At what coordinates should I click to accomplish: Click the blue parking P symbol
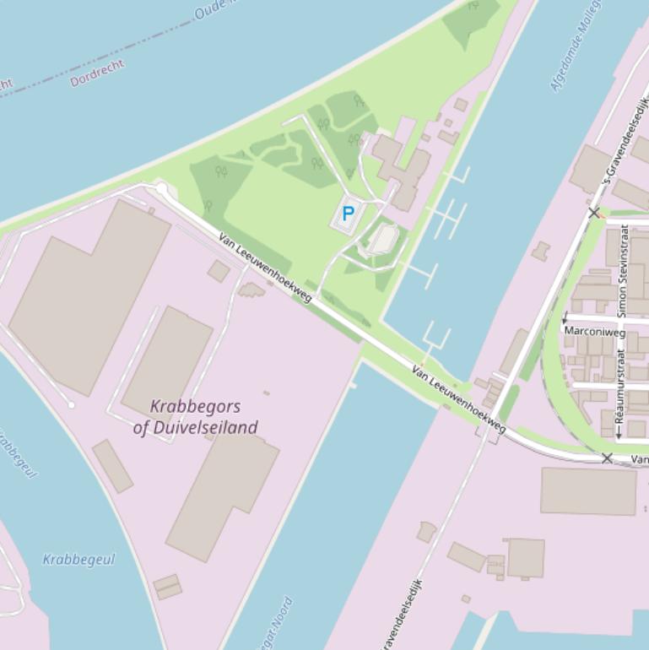tap(348, 214)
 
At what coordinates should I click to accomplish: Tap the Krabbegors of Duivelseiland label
tap(196, 417)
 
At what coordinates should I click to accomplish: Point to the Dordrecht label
tap(97, 73)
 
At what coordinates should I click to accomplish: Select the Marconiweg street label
tap(595, 332)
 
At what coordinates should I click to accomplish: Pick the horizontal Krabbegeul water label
tap(78, 559)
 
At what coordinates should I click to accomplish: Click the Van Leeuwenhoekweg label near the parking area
tap(265, 267)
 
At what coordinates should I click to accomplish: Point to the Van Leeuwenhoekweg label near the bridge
tap(459, 399)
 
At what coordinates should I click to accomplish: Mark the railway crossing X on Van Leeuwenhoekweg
tap(607, 458)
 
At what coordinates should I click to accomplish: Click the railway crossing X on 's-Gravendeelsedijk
tap(594, 213)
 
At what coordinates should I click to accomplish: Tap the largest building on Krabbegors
tap(89, 295)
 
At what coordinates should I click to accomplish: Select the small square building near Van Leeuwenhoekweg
tap(219, 271)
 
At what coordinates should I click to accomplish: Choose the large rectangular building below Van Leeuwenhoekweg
tap(588, 490)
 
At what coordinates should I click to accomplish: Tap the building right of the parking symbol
tap(384, 239)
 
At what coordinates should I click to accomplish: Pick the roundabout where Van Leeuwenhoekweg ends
tap(161, 189)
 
